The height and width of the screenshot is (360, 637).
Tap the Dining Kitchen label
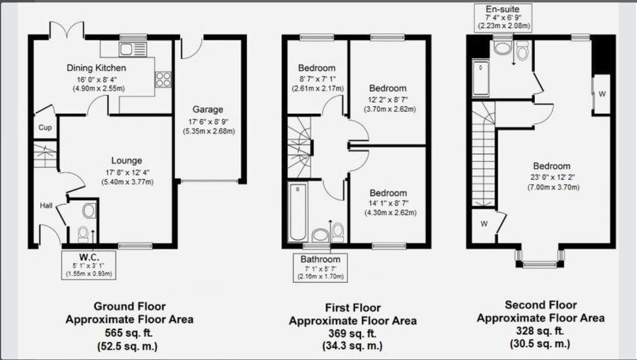(96, 68)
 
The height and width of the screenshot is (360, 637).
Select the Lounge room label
(127, 161)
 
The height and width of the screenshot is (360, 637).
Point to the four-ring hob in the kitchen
(163, 80)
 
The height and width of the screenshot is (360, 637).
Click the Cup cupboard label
(45, 128)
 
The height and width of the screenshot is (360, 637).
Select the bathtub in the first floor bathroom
(297, 212)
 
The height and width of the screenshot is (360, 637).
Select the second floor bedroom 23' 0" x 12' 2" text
(552, 177)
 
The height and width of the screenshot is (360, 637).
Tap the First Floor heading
(353, 307)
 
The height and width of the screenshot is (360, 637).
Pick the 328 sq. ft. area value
(540, 331)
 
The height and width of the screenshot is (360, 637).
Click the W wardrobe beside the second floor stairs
(484, 224)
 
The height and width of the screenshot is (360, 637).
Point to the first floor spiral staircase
(299, 146)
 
